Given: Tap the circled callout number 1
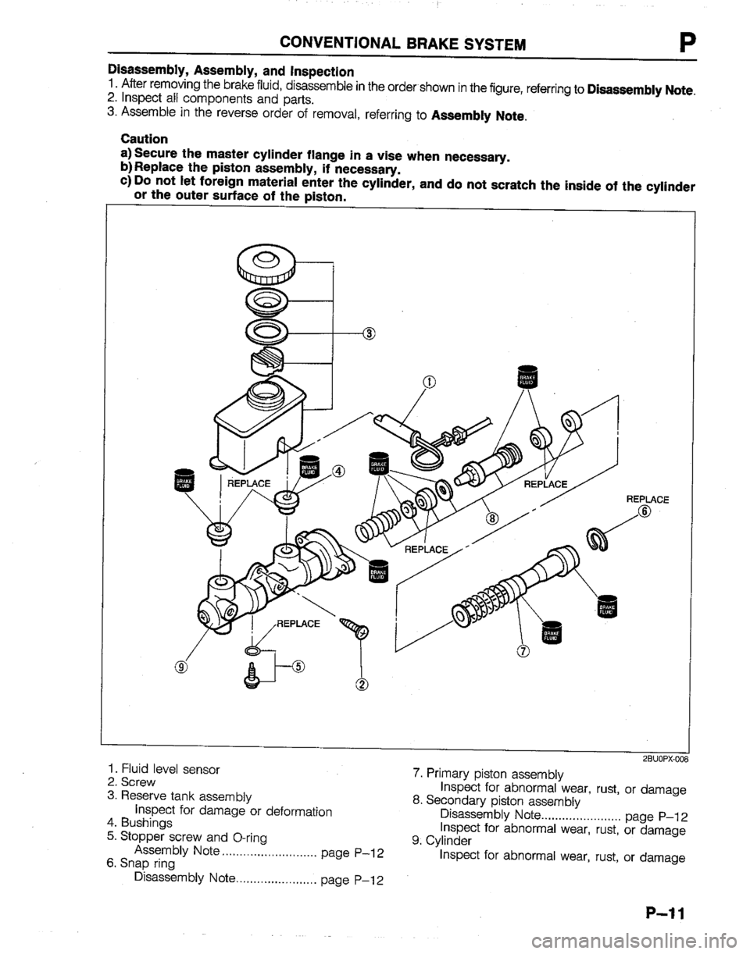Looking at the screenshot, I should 428,382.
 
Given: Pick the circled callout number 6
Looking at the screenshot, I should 644,511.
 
